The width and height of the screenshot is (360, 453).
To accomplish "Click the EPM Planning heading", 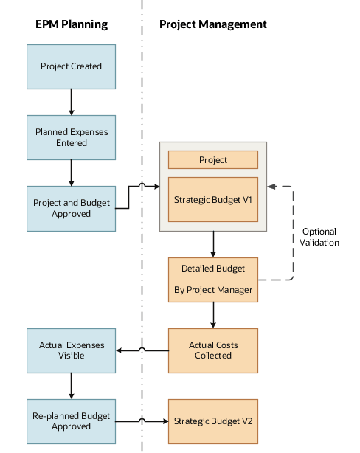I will (72, 24).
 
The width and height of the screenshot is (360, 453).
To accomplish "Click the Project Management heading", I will (213, 24).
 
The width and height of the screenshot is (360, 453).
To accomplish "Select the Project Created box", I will (71, 66).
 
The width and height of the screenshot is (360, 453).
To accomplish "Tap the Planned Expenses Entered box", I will (71, 137).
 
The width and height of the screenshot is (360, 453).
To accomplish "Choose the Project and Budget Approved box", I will (71, 208).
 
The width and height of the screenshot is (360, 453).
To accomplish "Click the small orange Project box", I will (213, 159).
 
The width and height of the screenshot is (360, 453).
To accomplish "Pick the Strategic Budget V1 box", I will (213, 198).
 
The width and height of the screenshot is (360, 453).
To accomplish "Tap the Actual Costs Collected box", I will (213, 350).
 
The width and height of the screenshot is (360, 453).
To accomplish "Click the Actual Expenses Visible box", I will (71, 350).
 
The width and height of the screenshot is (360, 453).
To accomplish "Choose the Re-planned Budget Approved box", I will (71, 421).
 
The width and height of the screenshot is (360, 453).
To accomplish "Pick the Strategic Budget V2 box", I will (213, 421).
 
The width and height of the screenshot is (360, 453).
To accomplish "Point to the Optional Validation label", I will (319, 237).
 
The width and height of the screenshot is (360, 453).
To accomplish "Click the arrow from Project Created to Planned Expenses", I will (71, 102).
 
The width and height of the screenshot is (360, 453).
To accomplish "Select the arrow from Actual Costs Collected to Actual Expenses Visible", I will (142, 350).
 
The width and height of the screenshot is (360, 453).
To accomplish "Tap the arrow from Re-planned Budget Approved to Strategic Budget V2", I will (142, 421).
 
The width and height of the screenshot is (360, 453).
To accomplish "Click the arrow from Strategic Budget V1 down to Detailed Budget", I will (213, 243).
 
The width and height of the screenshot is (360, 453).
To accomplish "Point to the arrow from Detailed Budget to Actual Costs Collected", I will (213, 315).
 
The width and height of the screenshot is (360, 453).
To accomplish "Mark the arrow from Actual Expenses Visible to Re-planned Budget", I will (71, 385).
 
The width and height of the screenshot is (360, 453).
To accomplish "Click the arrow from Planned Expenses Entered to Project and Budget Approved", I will (71, 173).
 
